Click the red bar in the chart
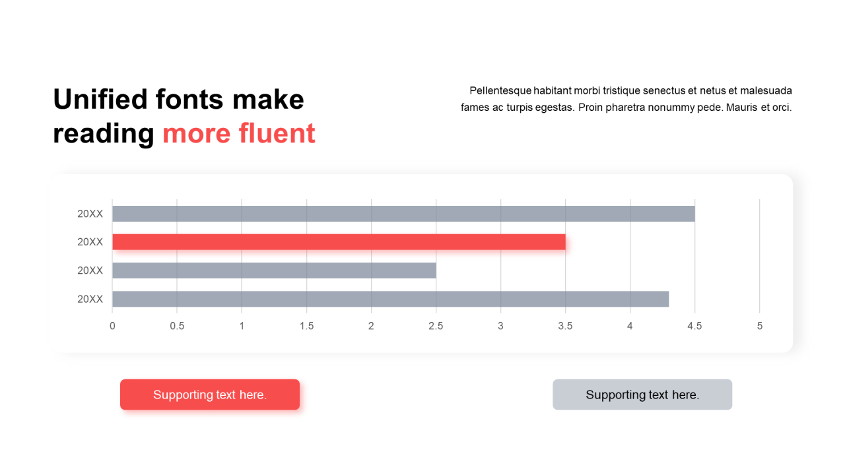pos(339,242)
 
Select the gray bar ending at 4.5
pos(403,214)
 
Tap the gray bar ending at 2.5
pos(274,270)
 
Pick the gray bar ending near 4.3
pos(390,299)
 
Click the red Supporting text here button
pos(210,395)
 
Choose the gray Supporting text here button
pos(642,395)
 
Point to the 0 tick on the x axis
pos(112,326)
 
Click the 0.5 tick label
pos(177,326)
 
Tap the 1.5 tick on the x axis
pos(307,326)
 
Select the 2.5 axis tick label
pos(436,326)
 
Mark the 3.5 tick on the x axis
pos(566,326)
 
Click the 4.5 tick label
pos(695,326)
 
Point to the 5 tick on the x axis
pos(760,326)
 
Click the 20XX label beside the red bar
pos(90,242)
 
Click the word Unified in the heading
pos(100,100)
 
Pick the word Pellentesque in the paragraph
pos(500,91)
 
